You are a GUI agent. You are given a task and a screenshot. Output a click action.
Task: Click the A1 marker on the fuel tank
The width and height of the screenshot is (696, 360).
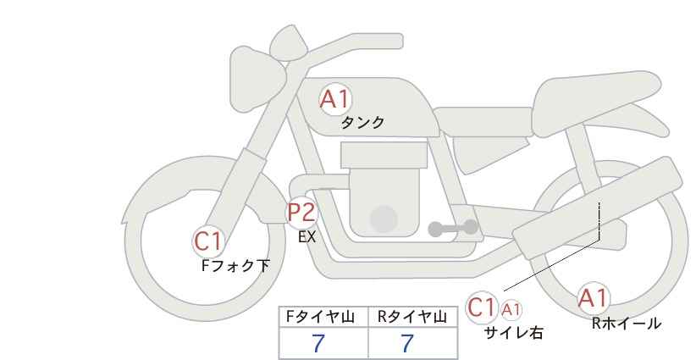point(335,99)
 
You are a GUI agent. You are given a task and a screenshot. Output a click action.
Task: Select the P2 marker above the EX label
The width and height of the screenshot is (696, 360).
point(302,212)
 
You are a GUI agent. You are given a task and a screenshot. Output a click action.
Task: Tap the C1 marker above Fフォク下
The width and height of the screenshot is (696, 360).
point(207,241)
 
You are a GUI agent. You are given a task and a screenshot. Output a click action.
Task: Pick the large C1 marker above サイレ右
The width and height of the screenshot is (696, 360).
point(482,307)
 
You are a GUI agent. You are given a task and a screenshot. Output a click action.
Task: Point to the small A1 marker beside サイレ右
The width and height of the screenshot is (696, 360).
point(511,309)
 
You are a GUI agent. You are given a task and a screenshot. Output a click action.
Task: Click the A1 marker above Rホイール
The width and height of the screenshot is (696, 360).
point(593,298)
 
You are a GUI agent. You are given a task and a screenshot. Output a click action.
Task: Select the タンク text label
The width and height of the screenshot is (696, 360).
point(362,123)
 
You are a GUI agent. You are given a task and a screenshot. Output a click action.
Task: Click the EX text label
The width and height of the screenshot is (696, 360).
point(307,237)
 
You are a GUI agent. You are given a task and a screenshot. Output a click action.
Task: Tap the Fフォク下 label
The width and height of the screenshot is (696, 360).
point(235,265)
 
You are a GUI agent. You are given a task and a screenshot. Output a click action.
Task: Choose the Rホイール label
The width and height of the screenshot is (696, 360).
point(627,324)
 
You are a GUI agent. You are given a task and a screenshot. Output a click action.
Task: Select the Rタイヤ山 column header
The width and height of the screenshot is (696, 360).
point(412,317)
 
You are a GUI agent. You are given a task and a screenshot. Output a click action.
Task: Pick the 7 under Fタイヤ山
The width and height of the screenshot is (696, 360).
point(318,343)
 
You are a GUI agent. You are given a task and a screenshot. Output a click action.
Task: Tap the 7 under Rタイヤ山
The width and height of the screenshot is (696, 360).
point(407,343)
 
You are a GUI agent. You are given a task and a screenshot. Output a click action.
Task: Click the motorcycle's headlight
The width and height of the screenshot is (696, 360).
point(257,80)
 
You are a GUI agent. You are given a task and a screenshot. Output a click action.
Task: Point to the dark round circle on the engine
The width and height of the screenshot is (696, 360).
point(384,219)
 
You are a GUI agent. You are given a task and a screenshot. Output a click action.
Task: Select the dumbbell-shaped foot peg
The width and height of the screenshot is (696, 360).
point(453,228)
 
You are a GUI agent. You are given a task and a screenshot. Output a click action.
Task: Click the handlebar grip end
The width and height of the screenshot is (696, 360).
point(396,42)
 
